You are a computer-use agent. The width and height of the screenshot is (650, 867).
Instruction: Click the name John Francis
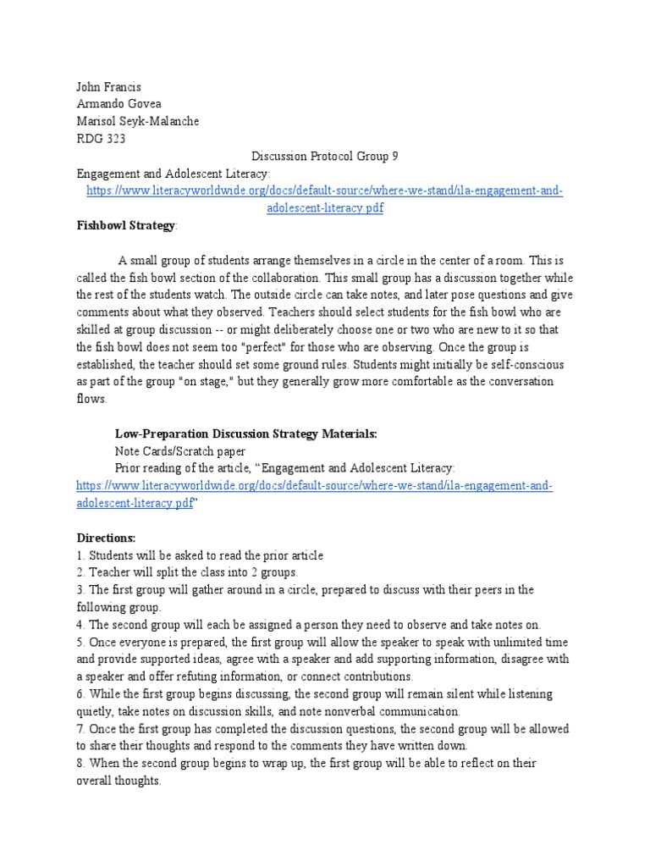click(108, 86)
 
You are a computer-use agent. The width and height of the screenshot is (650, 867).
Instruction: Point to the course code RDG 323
click(100, 138)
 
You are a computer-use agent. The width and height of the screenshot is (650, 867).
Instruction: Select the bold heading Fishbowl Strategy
click(125, 225)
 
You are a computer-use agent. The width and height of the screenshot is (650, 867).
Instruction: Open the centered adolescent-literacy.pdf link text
click(325, 208)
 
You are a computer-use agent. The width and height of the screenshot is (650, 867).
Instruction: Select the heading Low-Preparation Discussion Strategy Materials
click(245, 433)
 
